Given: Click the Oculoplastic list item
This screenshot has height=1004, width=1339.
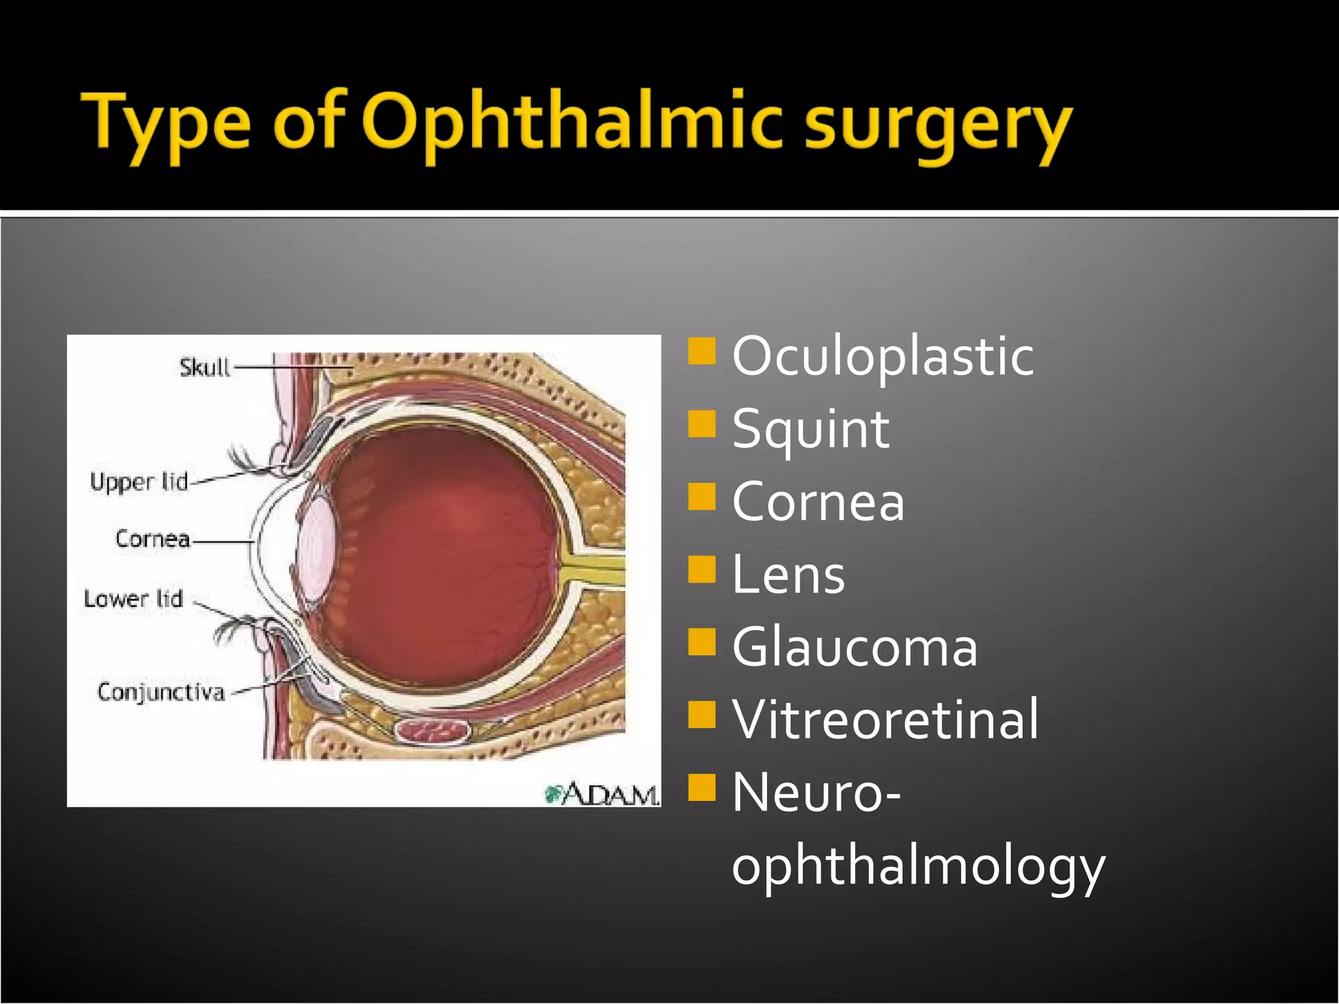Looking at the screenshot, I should click(883, 356).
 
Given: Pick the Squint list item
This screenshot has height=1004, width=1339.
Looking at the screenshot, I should click(811, 429).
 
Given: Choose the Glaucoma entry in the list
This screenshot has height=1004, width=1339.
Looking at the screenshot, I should click(855, 647).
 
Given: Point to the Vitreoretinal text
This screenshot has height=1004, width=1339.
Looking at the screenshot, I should click(885, 720).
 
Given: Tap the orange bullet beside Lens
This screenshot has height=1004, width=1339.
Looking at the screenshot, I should click(702, 569).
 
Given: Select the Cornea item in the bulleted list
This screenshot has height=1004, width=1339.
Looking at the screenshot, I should click(818, 502).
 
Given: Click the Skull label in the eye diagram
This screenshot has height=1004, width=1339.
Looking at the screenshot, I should click(205, 367).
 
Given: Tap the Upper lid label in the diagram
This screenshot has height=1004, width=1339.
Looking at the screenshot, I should click(139, 482).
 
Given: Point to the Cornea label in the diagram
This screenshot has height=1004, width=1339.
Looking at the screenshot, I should click(152, 539).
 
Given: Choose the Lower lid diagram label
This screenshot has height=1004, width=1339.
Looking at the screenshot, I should click(133, 598).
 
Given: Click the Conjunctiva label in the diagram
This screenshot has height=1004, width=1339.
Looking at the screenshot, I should click(161, 692).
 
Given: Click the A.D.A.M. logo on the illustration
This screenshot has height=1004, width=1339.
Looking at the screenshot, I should click(602, 794).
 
